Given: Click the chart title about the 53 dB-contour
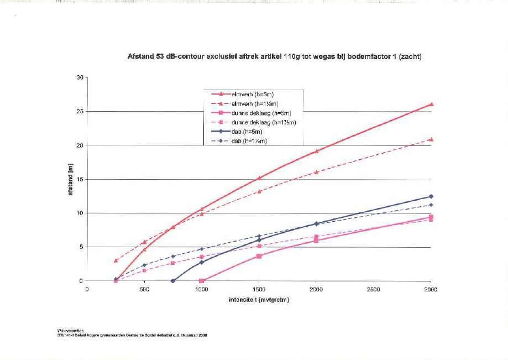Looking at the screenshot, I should point(274,56).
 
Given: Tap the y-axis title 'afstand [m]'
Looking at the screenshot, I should point(71,179).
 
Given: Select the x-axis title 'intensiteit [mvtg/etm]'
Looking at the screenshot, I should point(259,300).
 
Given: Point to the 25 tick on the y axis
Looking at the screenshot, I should point(80,112).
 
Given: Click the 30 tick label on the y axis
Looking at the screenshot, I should point(80,78).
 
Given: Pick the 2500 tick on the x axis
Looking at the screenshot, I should point(373,289).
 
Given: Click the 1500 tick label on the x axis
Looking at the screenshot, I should point(259,289).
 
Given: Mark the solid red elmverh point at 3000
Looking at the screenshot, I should point(431,104).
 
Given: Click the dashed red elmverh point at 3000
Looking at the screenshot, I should point(431,139).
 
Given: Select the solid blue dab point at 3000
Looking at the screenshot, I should point(431,196).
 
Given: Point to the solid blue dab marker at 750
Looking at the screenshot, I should point(173,281).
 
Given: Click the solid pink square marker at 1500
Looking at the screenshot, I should point(259,256).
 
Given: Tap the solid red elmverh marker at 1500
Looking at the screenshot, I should point(259,178).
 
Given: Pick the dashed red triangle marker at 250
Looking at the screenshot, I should point(116,260).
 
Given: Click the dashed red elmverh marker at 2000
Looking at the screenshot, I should point(316,172).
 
